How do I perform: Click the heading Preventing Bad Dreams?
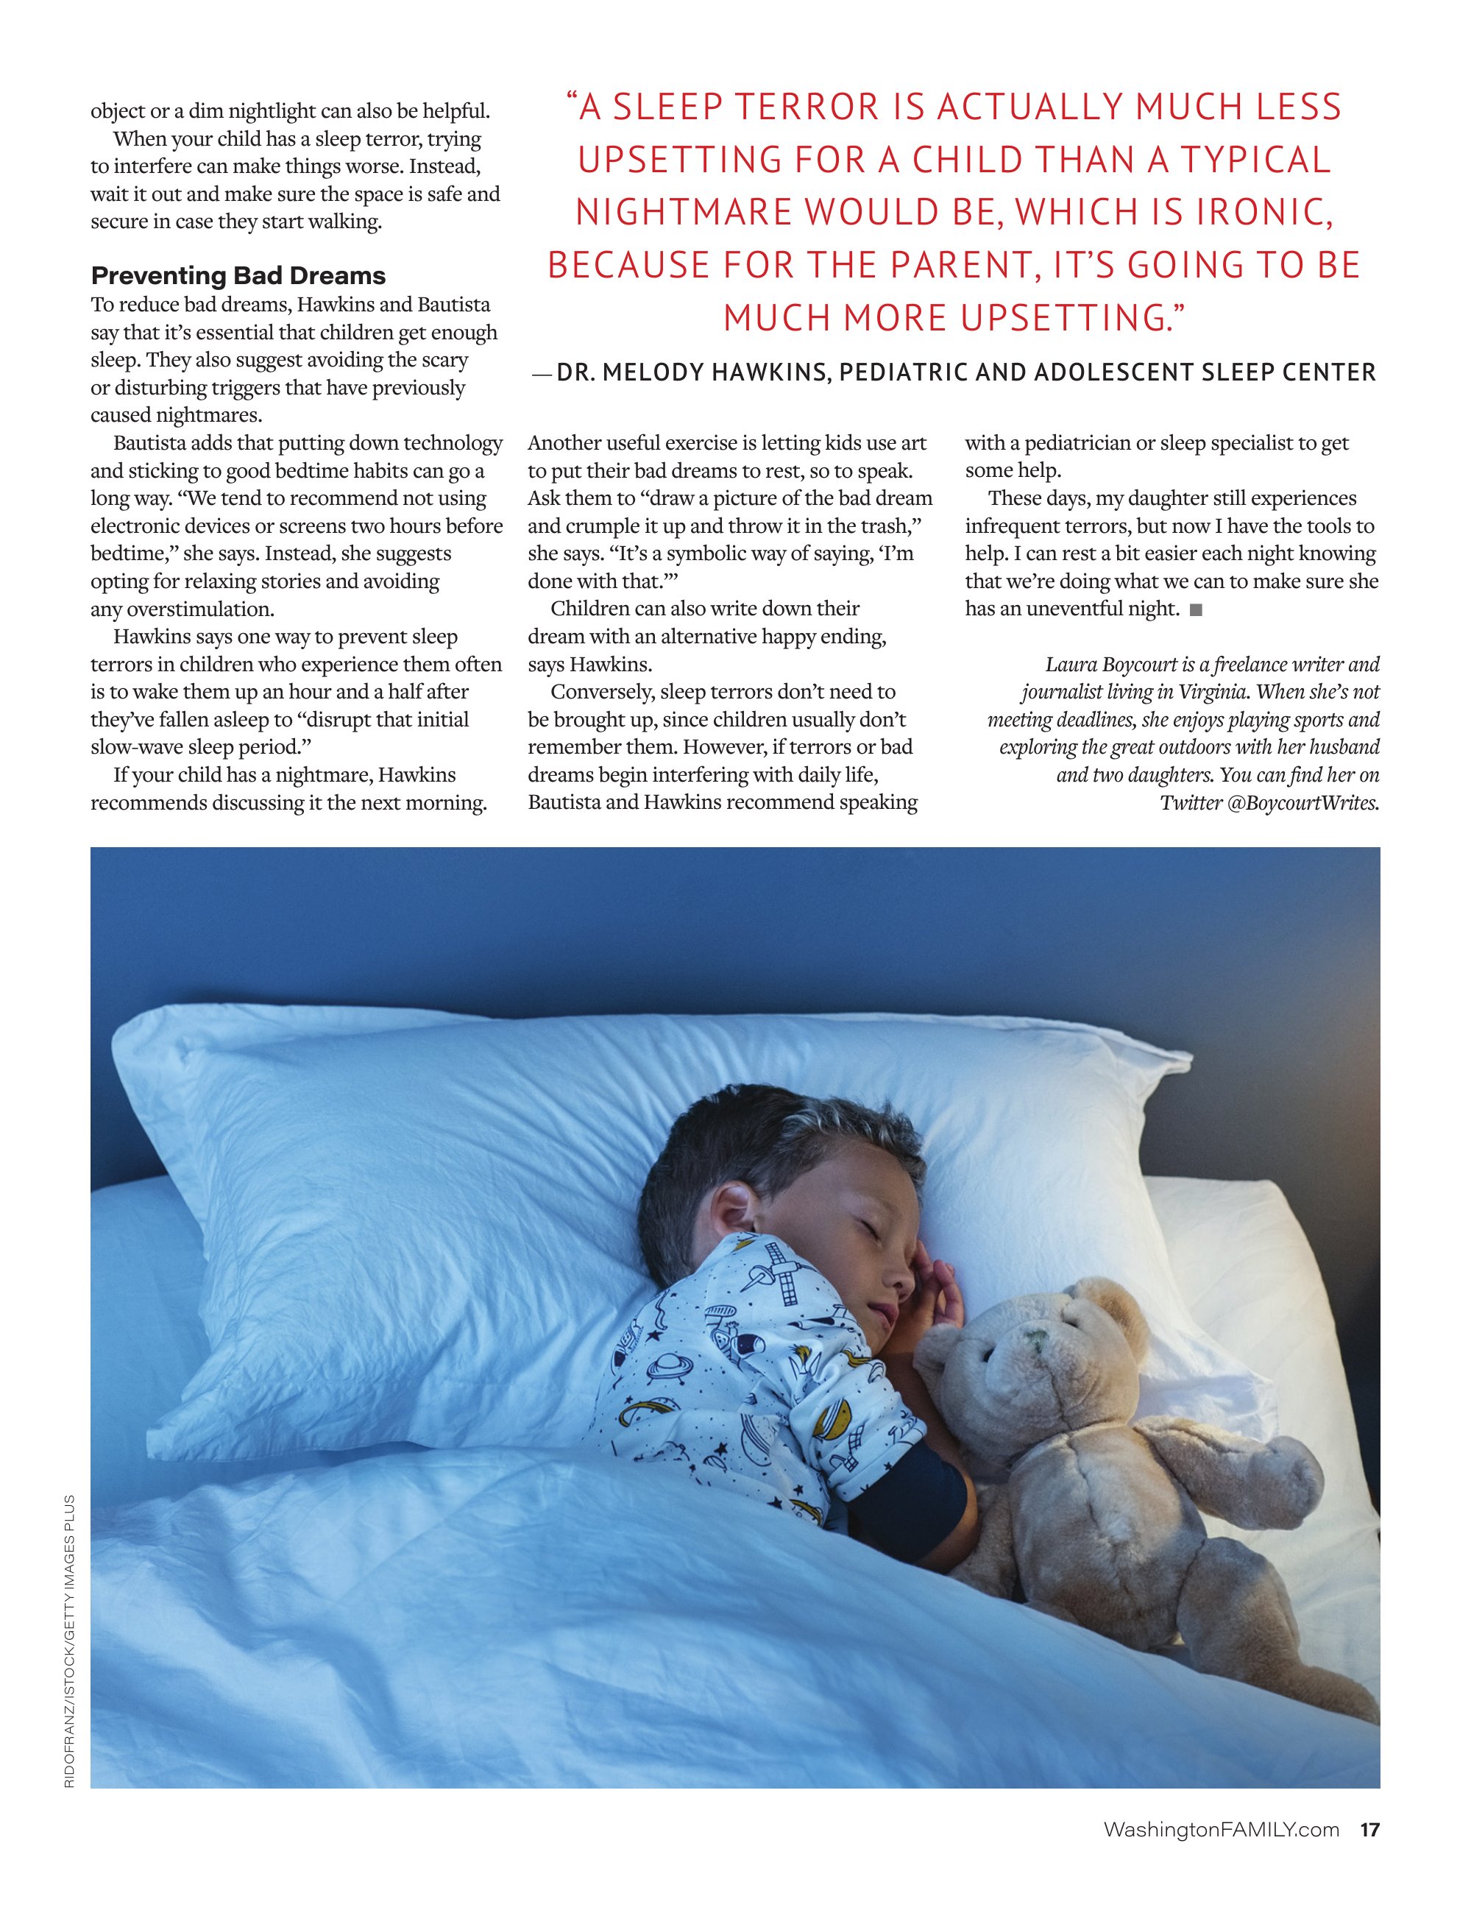[238, 276]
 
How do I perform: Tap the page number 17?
[1369, 1854]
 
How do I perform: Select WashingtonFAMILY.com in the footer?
[1221, 1854]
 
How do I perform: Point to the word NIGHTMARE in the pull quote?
[683, 213]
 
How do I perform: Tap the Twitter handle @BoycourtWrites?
[1303, 803]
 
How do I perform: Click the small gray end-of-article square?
[1196, 610]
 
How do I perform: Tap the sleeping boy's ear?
[737, 1213]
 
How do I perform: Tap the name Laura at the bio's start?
[1070, 665]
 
